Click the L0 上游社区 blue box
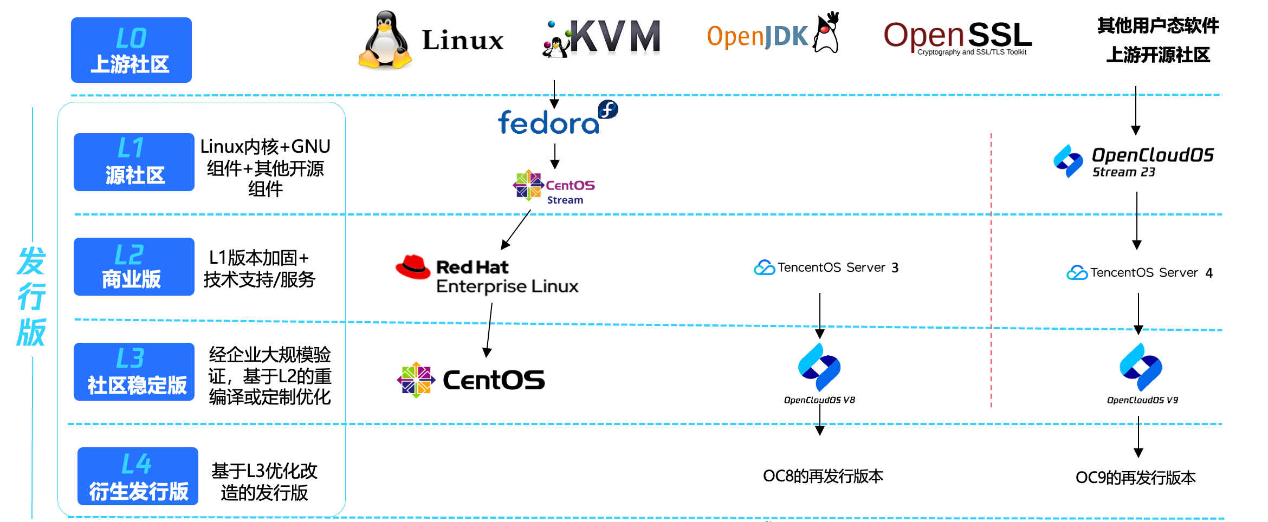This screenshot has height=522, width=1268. (x=131, y=50)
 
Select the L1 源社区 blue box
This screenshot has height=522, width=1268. (x=134, y=162)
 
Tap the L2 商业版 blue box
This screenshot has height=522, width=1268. (x=134, y=266)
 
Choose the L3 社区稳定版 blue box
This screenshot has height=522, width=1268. (x=134, y=371)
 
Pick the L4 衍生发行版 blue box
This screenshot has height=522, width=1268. (x=138, y=476)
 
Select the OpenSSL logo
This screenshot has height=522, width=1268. (x=958, y=37)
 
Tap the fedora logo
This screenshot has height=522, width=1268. (x=558, y=118)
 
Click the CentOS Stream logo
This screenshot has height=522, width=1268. (x=554, y=186)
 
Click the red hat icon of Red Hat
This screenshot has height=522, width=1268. (x=413, y=267)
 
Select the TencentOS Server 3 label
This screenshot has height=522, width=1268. (x=826, y=267)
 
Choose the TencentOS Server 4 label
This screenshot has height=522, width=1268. (x=1140, y=272)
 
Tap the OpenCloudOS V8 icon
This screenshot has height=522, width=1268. (x=819, y=367)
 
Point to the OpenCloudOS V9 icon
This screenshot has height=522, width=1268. (x=1141, y=367)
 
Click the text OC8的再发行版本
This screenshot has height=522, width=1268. (x=823, y=476)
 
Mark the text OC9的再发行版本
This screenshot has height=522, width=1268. (x=1136, y=478)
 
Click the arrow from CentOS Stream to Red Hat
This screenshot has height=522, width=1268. (x=516, y=230)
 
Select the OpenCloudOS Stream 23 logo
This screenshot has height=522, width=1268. (x=1134, y=161)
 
